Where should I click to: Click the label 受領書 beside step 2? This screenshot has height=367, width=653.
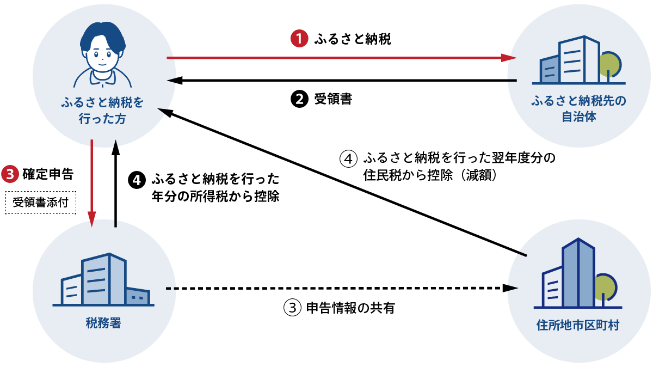(332, 100)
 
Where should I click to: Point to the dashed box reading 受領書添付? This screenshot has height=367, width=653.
(40, 203)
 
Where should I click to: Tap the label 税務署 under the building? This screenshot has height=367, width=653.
(103, 323)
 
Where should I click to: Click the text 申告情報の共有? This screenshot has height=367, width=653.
(350, 308)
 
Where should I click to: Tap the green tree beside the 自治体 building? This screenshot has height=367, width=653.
(609, 64)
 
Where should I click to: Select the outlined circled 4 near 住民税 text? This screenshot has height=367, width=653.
(348, 159)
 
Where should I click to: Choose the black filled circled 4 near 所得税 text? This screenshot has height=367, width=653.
(137, 179)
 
